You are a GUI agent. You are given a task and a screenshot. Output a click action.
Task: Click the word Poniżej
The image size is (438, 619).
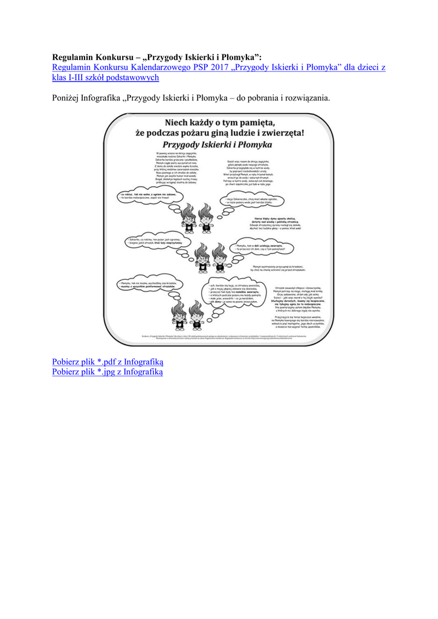(x=68, y=98)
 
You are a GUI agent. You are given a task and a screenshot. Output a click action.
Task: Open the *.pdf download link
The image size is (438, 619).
(x=108, y=361)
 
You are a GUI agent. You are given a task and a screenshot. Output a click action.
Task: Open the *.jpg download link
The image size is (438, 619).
(x=108, y=372)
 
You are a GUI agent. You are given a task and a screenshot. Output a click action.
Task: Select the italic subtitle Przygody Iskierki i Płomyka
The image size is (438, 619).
(x=217, y=144)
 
